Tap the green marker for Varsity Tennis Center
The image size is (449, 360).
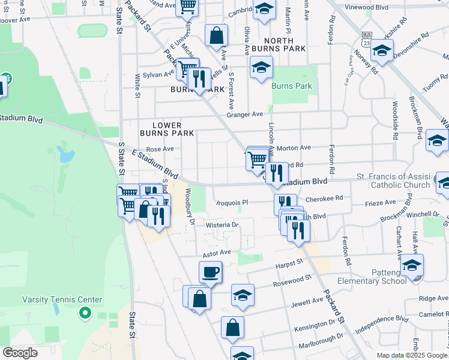coord(85,313)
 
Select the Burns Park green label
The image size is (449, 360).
coord(292,86)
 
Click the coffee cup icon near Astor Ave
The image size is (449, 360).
coord(210,272)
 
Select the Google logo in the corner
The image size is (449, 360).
coord(20,353)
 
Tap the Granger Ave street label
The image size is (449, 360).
coord(245,115)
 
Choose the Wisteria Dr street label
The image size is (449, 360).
coord(223,225)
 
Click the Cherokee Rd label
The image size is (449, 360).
coord(324,197)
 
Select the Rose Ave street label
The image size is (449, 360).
coord(160,149)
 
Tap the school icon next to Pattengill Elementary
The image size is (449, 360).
coord(412,265)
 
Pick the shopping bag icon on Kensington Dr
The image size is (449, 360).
coord(232,328)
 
